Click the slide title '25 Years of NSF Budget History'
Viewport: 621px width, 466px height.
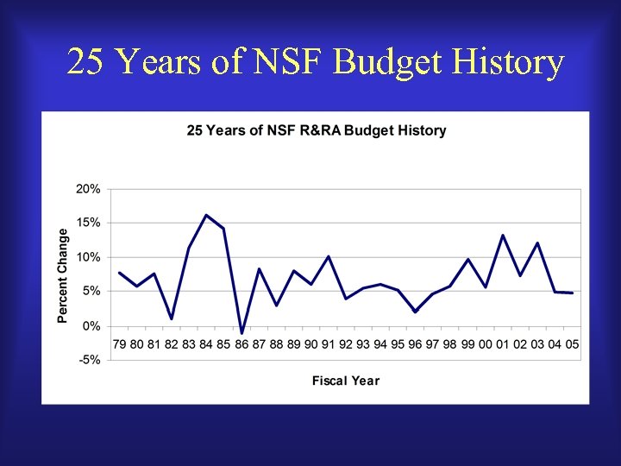[315, 62]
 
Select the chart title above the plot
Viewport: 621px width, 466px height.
[317, 131]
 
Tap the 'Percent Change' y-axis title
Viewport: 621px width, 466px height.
[63, 275]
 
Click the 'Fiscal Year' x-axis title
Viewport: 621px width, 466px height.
[345, 381]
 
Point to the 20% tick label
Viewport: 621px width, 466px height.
[89, 188]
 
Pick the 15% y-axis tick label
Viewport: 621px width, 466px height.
[89, 223]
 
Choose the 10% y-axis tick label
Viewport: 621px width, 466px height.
[89, 257]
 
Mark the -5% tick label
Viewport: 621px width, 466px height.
[91, 361]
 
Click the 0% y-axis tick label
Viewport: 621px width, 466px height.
[91, 326]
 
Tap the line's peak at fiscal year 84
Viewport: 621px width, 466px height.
[206, 215]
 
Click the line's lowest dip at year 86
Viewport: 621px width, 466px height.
[241, 332]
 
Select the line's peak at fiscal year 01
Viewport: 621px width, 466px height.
[503, 235]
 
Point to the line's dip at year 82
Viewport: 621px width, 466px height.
[172, 318]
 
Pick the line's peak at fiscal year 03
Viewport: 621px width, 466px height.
[537, 242]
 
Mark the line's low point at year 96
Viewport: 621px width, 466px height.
[416, 312]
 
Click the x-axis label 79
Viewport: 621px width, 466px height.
[119, 344]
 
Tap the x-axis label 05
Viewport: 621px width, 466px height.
[572, 344]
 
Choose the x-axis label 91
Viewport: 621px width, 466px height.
[329, 344]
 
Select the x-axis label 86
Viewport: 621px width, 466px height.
[241, 344]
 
